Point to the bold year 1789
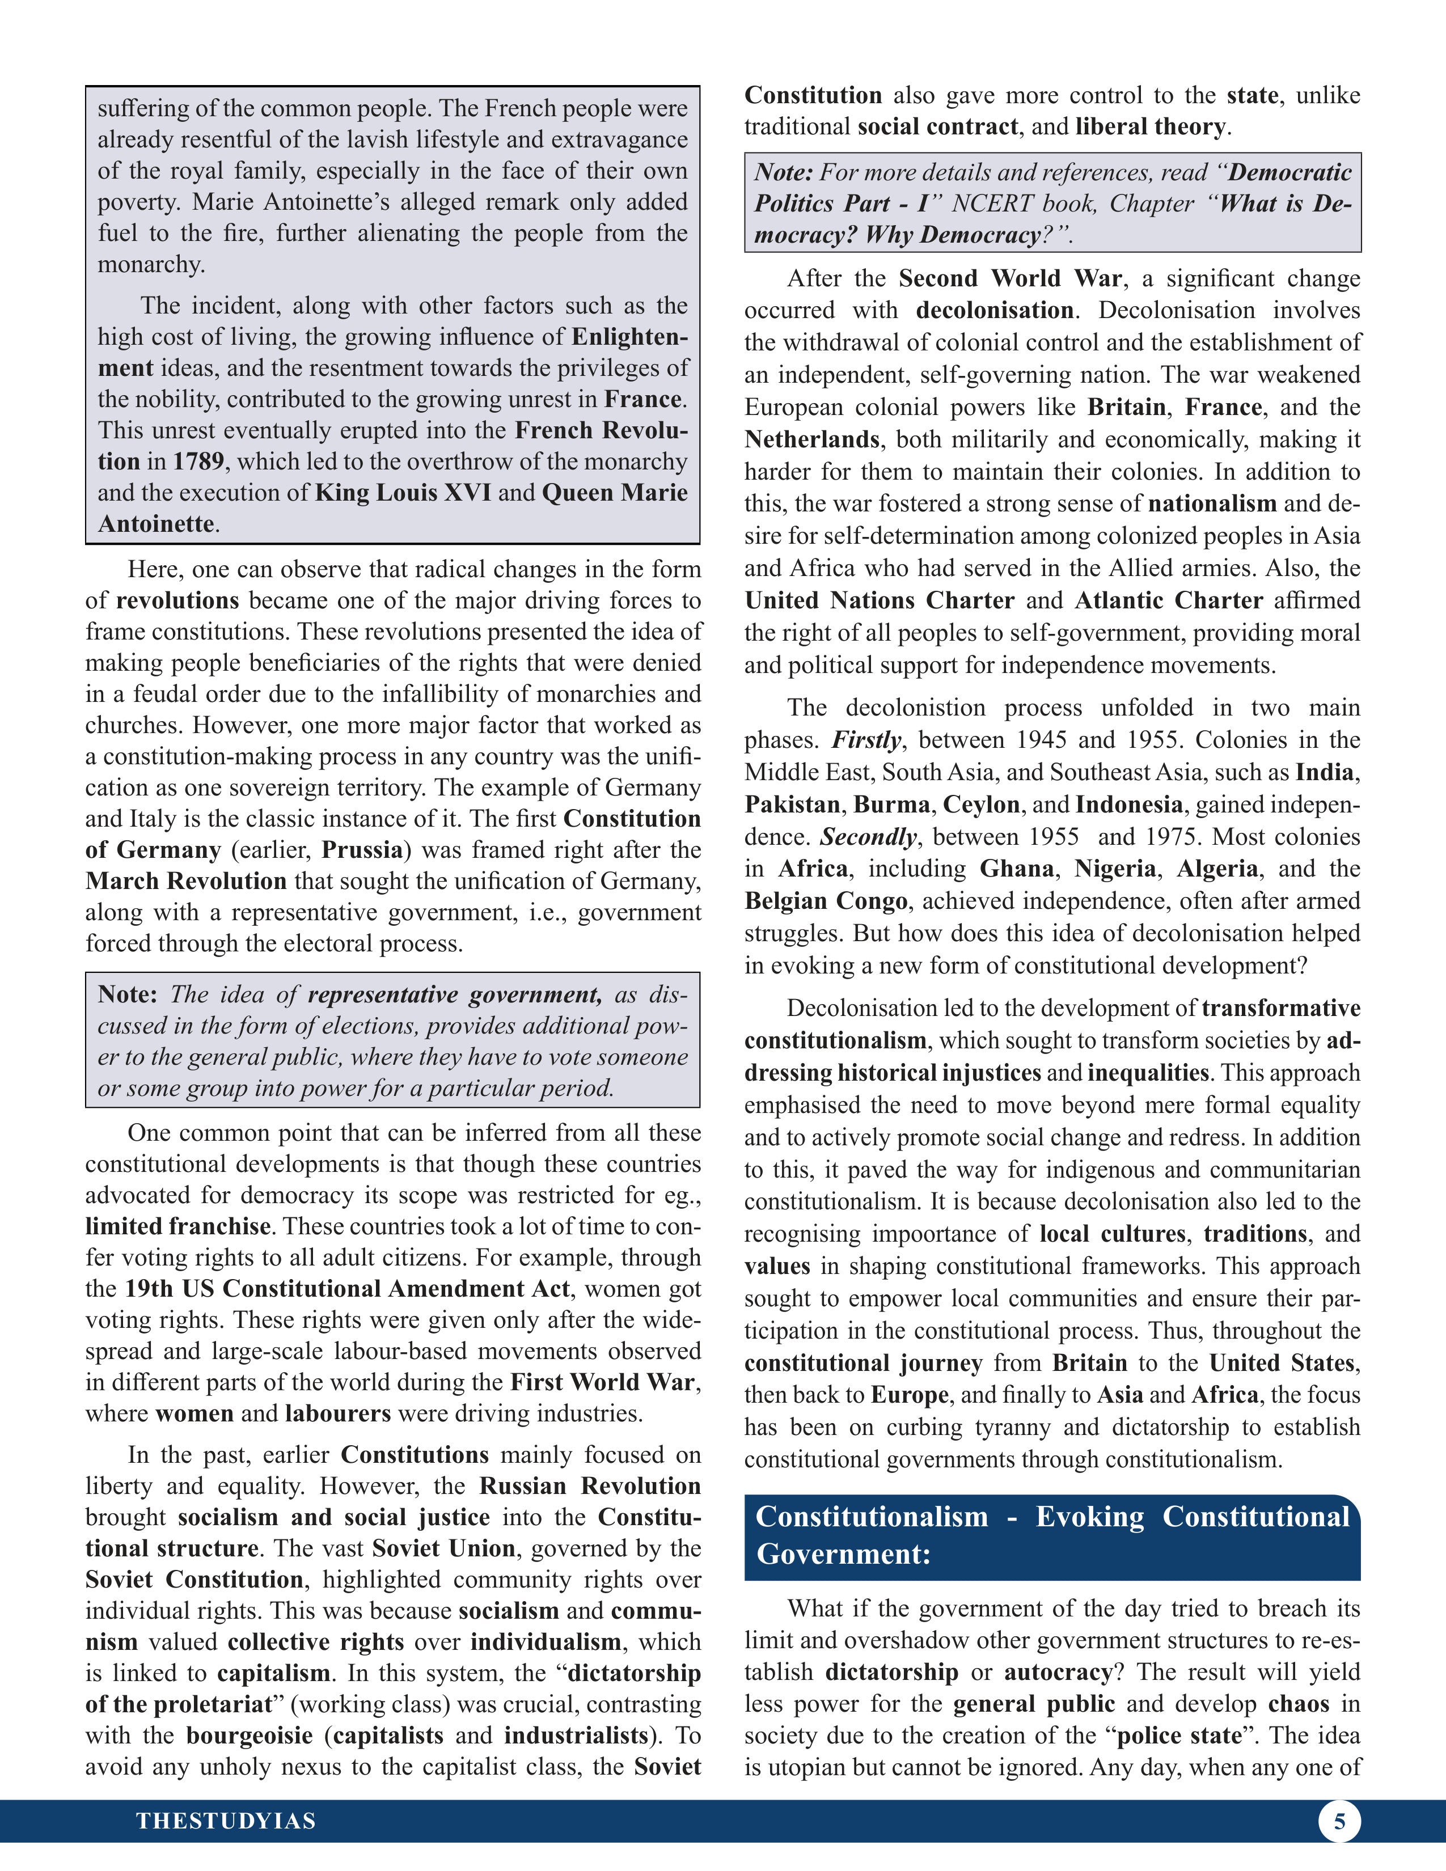pyautogui.click(x=198, y=462)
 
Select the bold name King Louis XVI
pyautogui.click(x=403, y=493)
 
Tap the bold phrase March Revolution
pyautogui.click(x=186, y=881)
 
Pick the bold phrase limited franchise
pyautogui.click(x=177, y=1226)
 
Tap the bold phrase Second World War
pyautogui.click(x=1009, y=278)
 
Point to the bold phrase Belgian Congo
pyautogui.click(x=826, y=901)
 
